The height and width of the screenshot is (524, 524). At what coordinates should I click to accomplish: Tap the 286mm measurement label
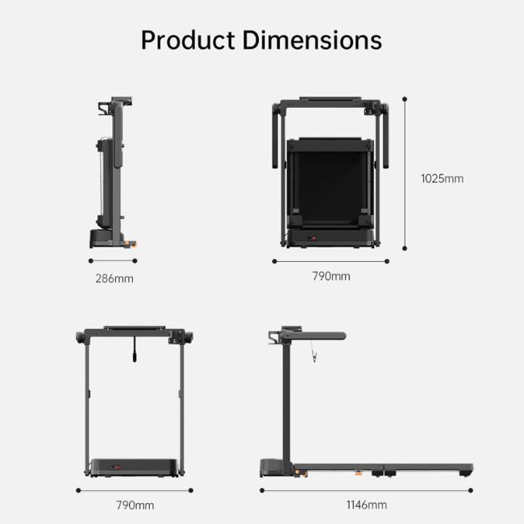tap(114, 279)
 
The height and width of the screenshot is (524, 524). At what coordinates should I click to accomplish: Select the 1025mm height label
tap(442, 179)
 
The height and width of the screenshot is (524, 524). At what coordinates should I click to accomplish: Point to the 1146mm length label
tap(366, 505)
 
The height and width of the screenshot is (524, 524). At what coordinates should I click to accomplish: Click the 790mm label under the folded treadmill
tap(331, 277)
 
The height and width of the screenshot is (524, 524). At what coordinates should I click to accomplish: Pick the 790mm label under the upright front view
tap(134, 505)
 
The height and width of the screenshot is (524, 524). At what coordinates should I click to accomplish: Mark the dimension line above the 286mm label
tap(114, 260)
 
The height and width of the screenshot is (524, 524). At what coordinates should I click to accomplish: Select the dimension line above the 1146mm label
tap(366, 489)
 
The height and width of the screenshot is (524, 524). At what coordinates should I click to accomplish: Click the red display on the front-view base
tap(117, 466)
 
